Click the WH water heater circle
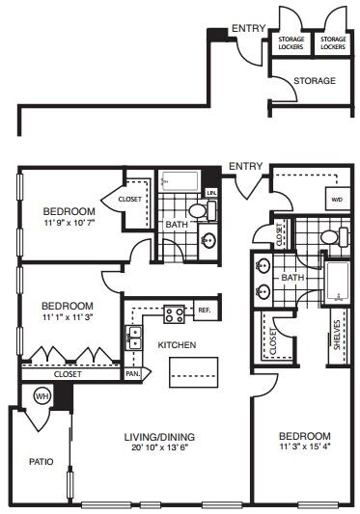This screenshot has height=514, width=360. (x=41, y=395)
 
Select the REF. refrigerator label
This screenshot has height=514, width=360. (x=204, y=311)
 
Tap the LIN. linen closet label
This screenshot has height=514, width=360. (x=211, y=193)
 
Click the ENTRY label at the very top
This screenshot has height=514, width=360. (x=249, y=29)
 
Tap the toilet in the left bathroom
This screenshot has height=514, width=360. (x=200, y=209)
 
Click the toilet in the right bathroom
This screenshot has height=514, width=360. (x=328, y=236)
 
